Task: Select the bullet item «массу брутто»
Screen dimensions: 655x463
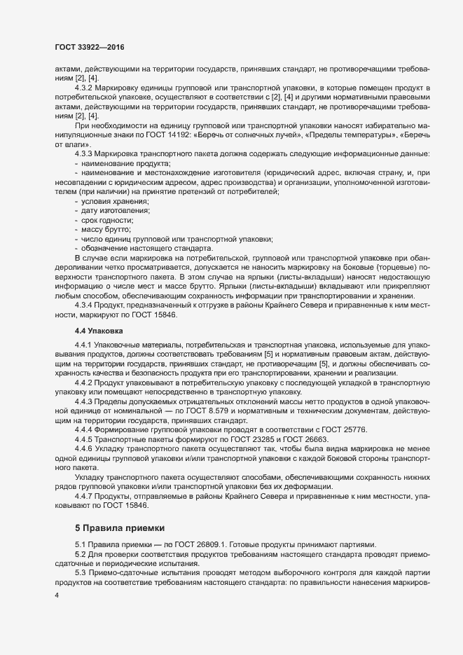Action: pos(106,230)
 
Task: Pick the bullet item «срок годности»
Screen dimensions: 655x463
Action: pos(108,221)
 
